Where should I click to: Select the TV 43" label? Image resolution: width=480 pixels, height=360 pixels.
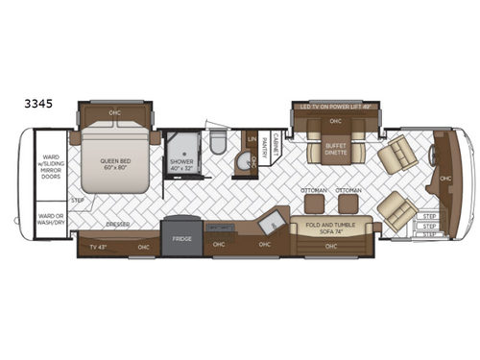[98, 248]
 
